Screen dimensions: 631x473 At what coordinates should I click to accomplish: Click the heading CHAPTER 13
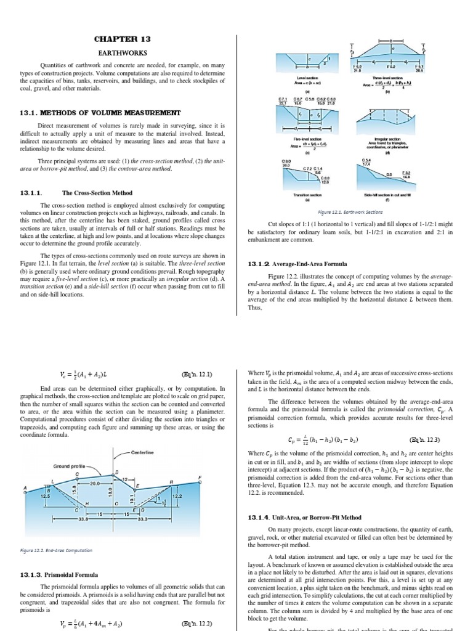122,39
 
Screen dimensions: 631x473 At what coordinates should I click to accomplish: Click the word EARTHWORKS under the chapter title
122,53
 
